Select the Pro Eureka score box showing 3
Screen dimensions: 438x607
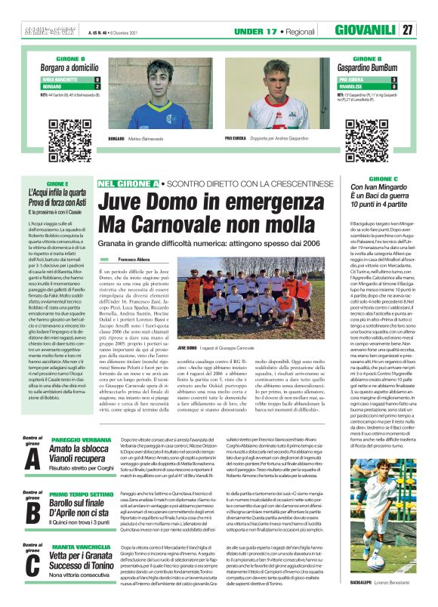393,79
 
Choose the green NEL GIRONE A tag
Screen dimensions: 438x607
128,183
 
